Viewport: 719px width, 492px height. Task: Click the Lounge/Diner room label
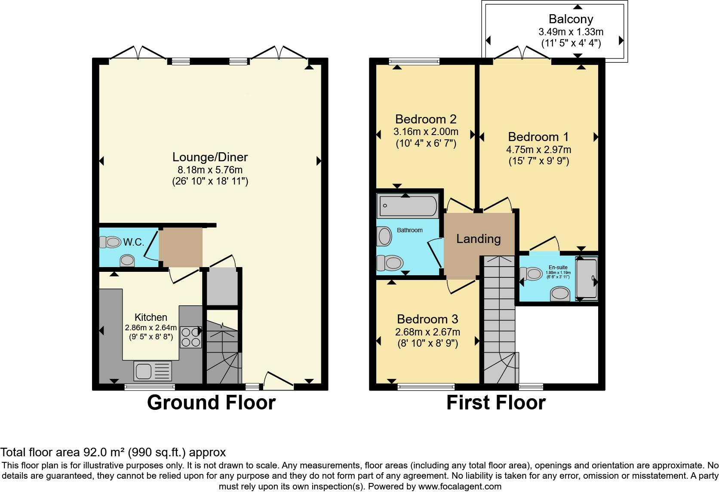pyautogui.click(x=210, y=157)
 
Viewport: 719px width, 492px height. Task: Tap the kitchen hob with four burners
pyautogui.click(x=191, y=337)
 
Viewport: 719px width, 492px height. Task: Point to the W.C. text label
pyautogui.click(x=133, y=242)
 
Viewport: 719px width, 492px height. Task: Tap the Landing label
pyautogui.click(x=478, y=239)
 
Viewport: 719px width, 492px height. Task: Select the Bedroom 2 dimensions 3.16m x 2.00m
pyautogui.click(x=426, y=132)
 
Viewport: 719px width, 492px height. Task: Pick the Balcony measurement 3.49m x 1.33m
pyautogui.click(x=571, y=32)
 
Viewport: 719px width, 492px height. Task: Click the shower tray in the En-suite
pyautogui.click(x=587, y=278)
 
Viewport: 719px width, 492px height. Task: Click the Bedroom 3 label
pyautogui.click(x=427, y=319)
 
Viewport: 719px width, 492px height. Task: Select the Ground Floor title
pyautogui.click(x=211, y=403)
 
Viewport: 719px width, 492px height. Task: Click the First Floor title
pyautogui.click(x=495, y=403)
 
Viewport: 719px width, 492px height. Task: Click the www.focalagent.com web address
pyautogui.click(x=459, y=487)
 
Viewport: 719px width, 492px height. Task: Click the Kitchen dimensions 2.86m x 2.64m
pyautogui.click(x=151, y=327)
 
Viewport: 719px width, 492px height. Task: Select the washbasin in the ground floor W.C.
pyautogui.click(x=127, y=261)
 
